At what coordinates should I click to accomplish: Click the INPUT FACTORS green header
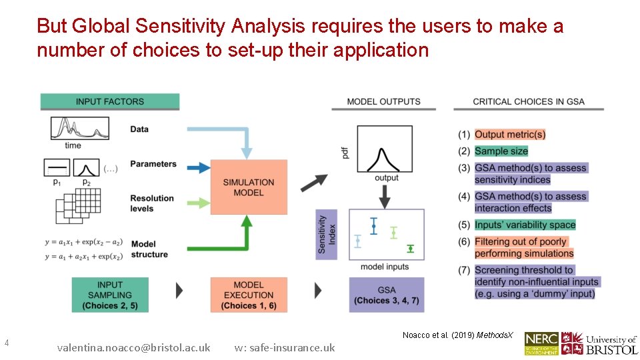click(109, 101)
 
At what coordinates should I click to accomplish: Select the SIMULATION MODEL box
click(249, 187)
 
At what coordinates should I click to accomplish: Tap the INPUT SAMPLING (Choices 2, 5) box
click(110, 295)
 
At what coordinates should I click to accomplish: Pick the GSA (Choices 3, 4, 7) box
click(386, 295)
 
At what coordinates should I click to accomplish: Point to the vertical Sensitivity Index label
click(326, 234)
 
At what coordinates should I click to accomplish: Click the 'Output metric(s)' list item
click(510, 135)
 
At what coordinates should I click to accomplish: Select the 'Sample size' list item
click(501, 151)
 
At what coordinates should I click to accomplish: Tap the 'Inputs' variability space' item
click(525, 225)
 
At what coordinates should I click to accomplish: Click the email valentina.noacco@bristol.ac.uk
click(133, 347)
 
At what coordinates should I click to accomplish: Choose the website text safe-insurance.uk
click(285, 347)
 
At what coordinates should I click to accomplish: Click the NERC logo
click(541, 343)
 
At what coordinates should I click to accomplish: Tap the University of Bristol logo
click(599, 343)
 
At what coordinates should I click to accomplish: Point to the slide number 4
click(7, 343)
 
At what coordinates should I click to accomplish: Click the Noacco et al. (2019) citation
click(457, 335)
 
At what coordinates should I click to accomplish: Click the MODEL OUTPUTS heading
click(383, 101)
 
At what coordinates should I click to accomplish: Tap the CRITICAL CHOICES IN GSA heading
click(528, 101)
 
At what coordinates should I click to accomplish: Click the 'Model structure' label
click(149, 249)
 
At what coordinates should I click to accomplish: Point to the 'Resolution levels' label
click(151, 203)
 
